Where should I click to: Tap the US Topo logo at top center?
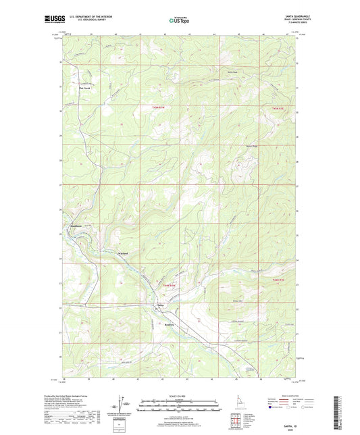pos(179,21)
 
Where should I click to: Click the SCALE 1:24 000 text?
pos(180,395)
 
